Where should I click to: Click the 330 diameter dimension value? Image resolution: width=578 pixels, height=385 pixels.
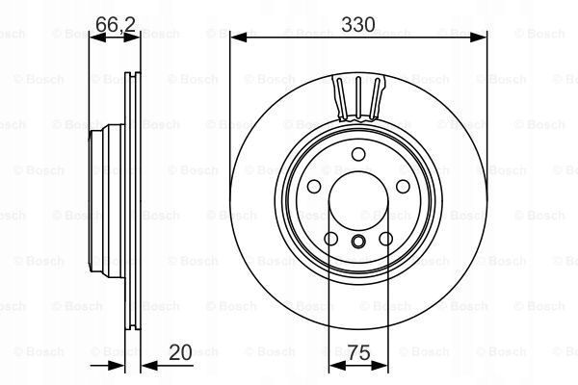[x=358, y=24]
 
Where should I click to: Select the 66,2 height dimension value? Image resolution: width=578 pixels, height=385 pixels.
[x=116, y=24]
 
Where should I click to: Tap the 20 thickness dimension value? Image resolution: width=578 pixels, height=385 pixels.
[x=180, y=352]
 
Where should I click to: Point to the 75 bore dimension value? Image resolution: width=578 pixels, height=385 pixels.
[x=358, y=352]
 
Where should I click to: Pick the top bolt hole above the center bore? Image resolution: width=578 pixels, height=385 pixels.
[x=358, y=154]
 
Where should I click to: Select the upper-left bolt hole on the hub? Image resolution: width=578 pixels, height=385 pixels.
[x=314, y=187]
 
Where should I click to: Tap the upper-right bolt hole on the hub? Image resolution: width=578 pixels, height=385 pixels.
[x=403, y=187]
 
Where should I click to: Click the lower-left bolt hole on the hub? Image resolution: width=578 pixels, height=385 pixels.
[x=331, y=239]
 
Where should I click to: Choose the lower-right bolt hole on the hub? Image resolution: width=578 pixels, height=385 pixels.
[x=386, y=239]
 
